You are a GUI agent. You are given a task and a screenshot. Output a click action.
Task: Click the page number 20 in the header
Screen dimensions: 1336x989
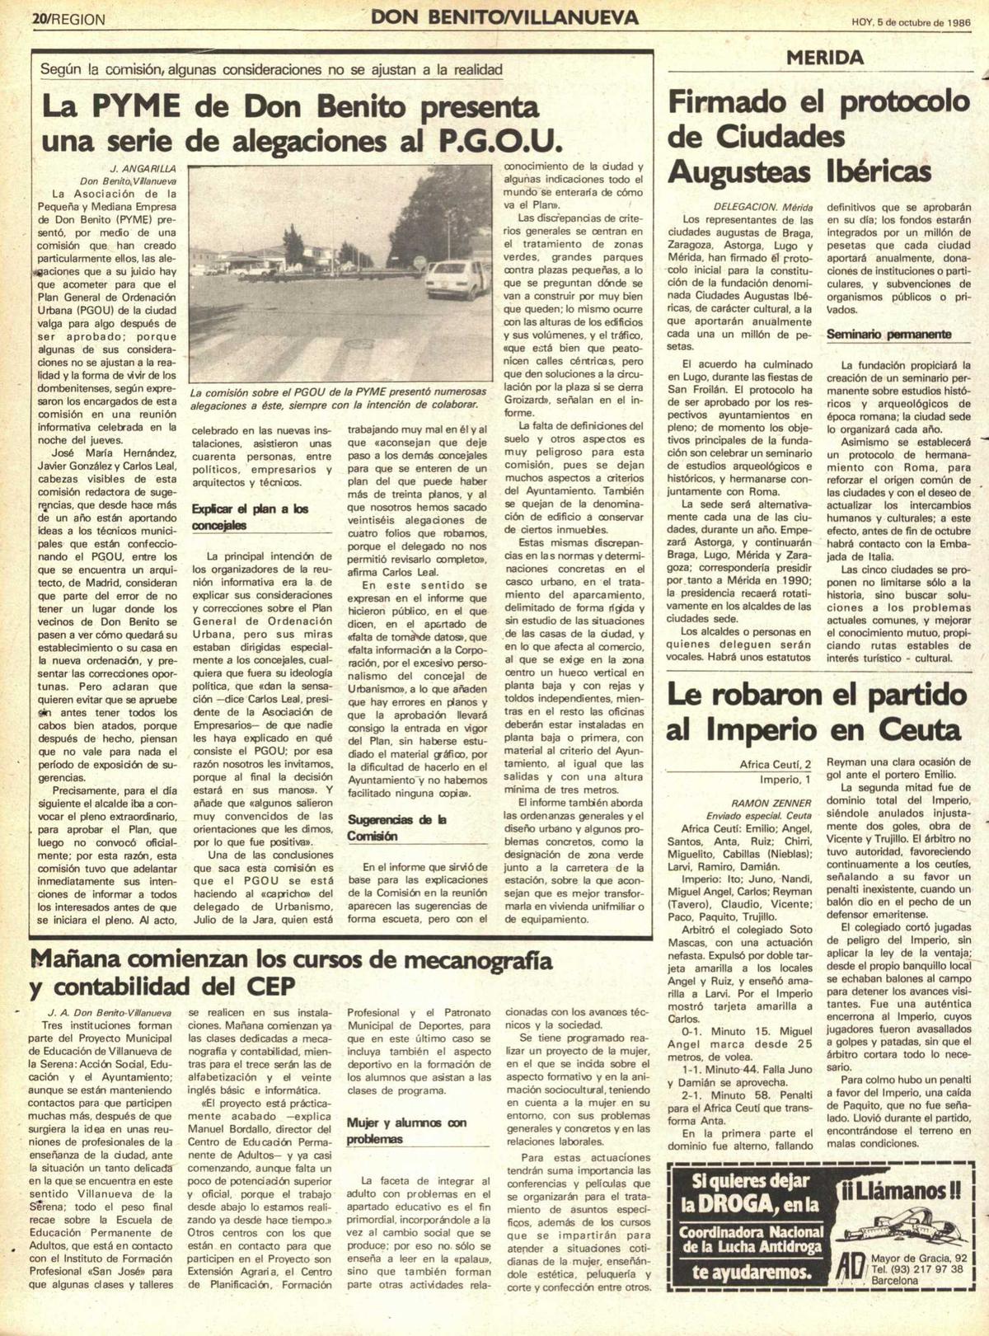click(40, 18)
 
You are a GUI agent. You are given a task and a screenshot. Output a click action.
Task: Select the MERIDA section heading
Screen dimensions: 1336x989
click(824, 58)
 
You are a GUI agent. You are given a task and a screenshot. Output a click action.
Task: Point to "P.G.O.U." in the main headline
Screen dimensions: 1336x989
click(499, 142)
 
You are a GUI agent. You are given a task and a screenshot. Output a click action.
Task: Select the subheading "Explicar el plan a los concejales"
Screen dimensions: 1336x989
click(250, 517)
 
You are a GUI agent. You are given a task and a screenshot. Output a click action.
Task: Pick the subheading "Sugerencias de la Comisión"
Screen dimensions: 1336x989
click(396, 827)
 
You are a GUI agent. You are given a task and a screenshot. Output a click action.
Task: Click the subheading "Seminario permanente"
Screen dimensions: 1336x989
click(888, 335)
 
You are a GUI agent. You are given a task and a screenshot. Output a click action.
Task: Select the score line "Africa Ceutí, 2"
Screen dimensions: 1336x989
click(775, 765)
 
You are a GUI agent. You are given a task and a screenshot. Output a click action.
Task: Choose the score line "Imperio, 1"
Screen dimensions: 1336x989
click(785, 780)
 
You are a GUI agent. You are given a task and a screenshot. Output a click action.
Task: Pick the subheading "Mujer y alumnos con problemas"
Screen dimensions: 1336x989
click(406, 1131)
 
